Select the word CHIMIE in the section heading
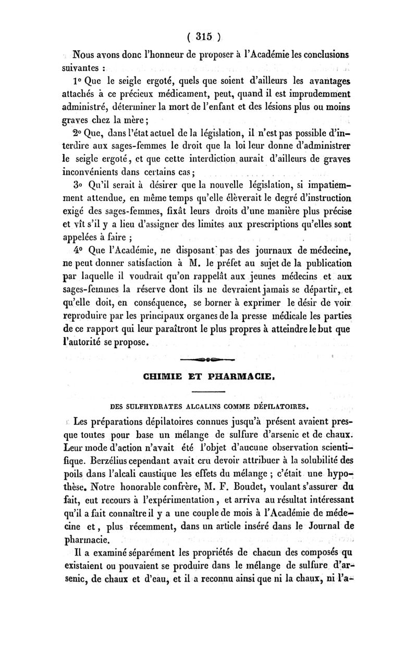[x=148, y=373]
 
